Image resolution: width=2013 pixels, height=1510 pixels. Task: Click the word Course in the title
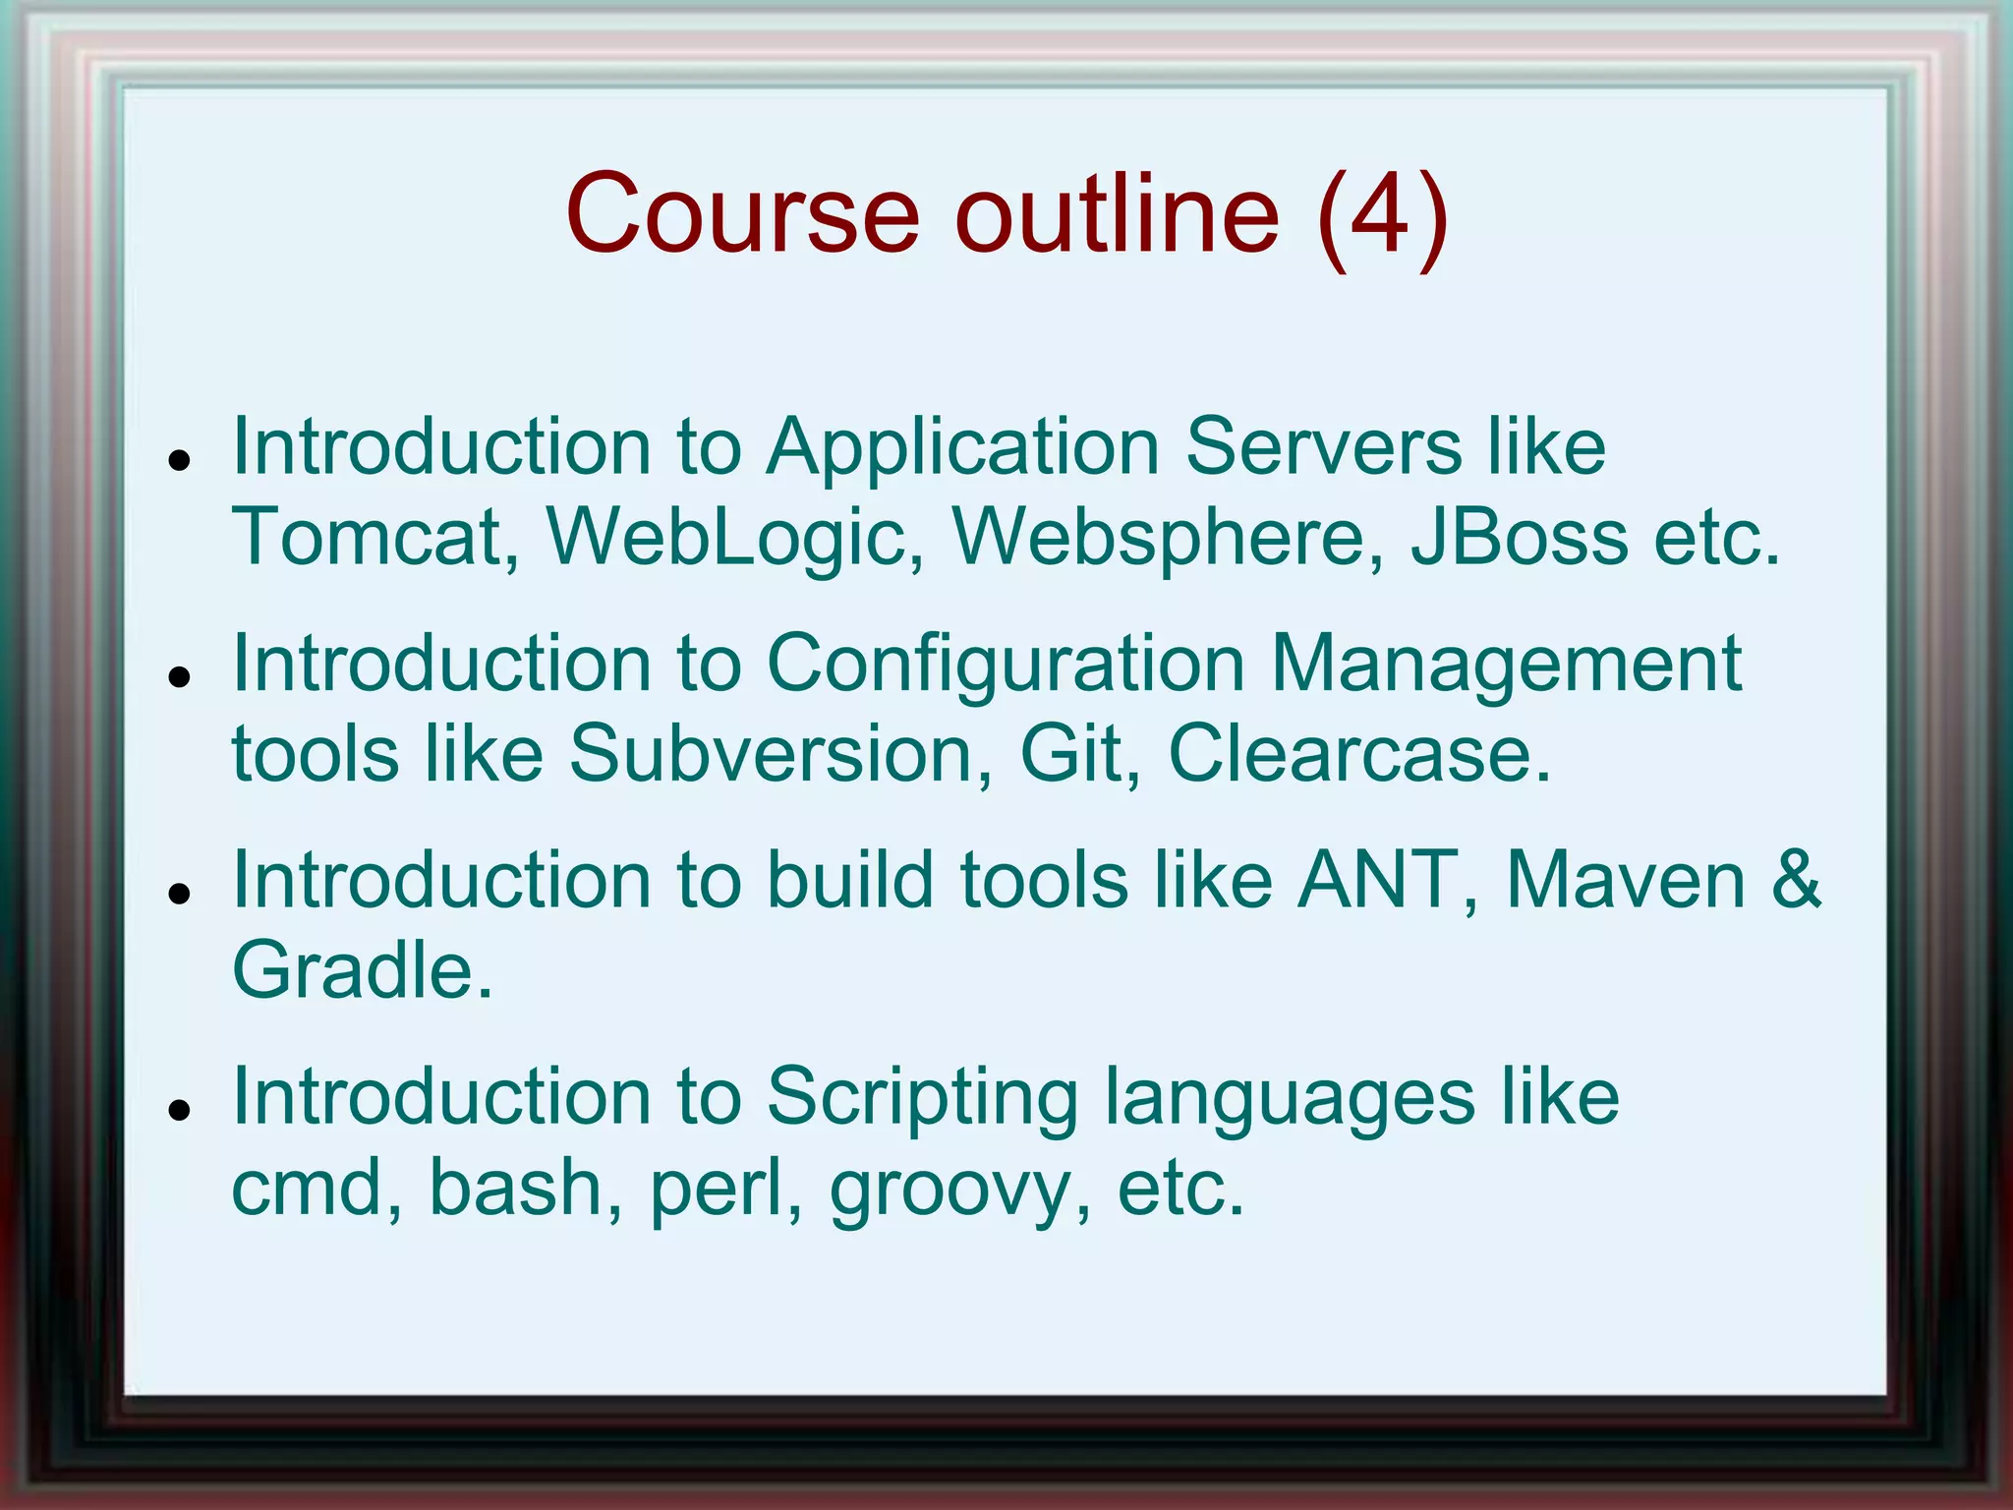pos(742,213)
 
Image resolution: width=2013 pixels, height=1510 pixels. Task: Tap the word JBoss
pos(1520,537)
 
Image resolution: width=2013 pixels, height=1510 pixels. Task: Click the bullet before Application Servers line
pos(178,459)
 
